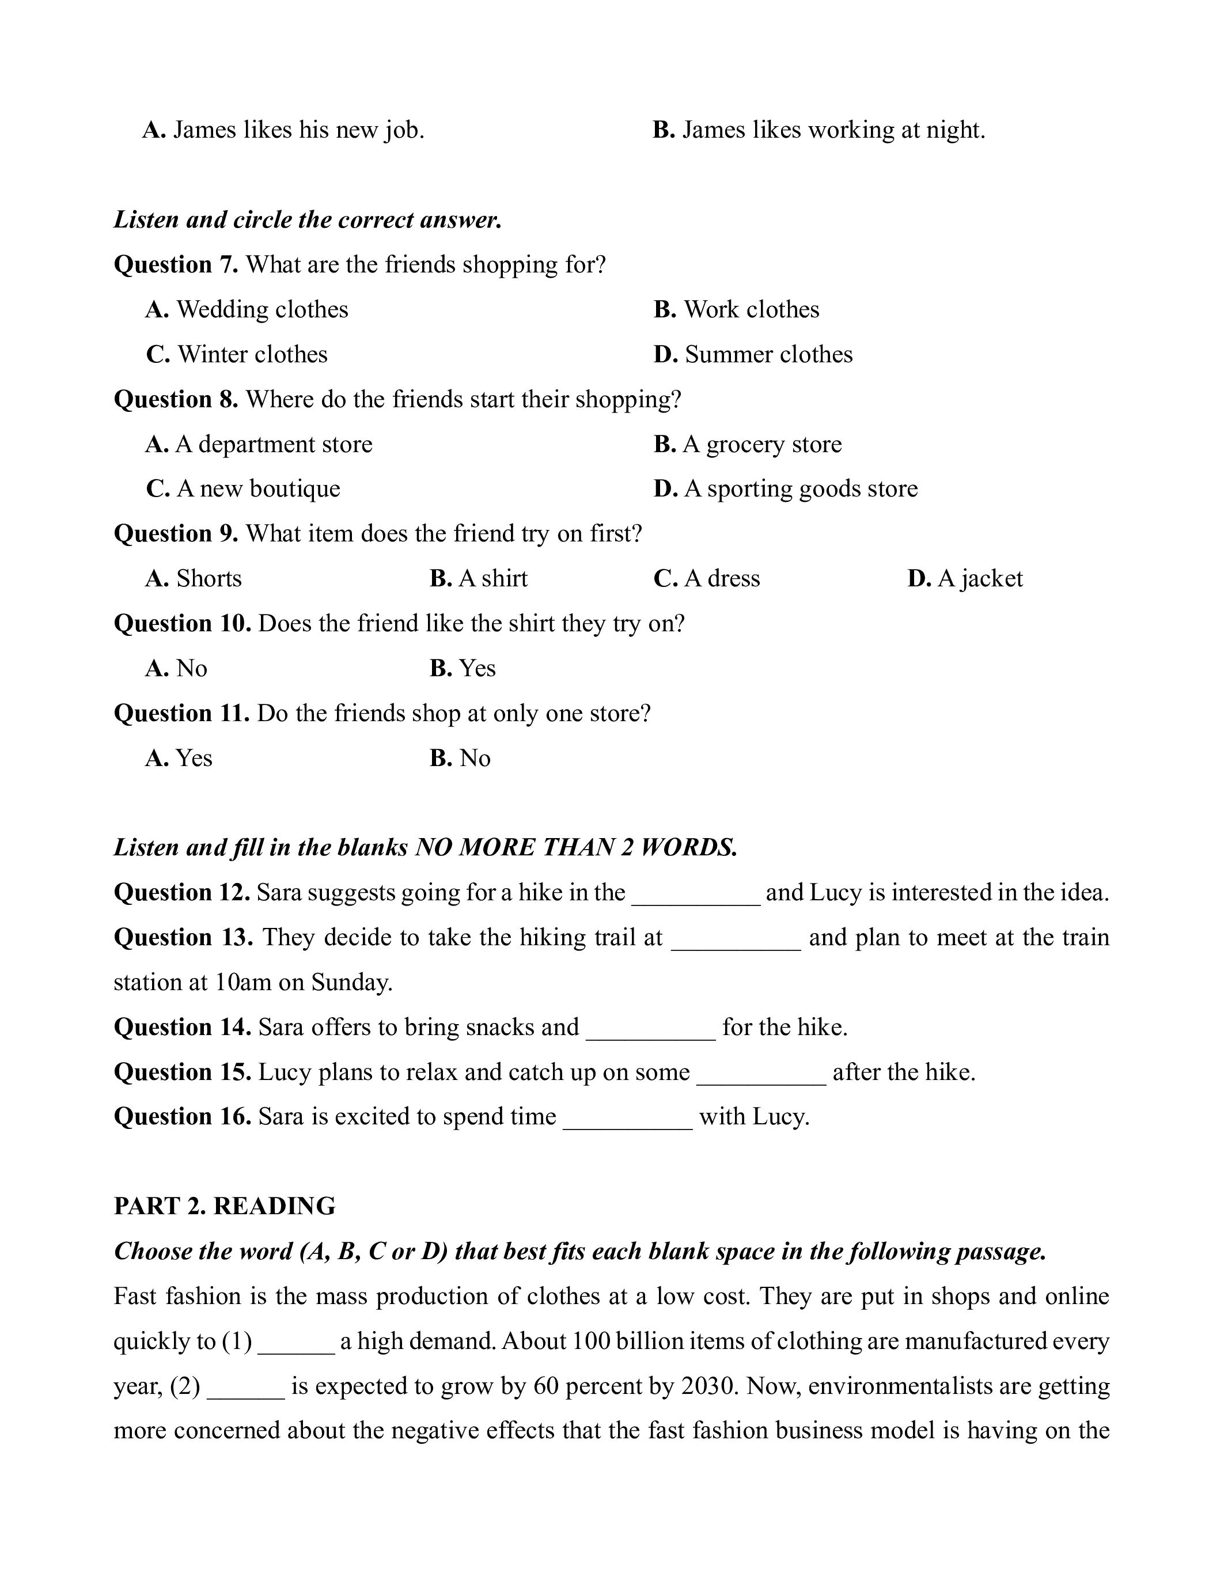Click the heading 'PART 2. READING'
[x=225, y=1206]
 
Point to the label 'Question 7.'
[x=176, y=265]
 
